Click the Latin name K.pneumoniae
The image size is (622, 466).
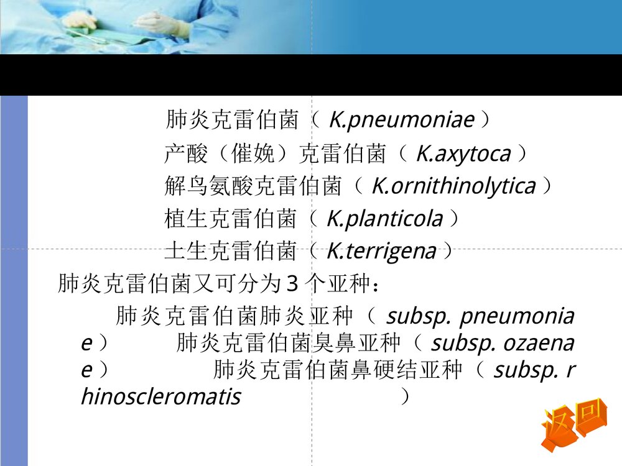click(x=401, y=119)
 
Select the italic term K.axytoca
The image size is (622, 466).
click(x=463, y=153)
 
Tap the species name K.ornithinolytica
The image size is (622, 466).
click(x=453, y=186)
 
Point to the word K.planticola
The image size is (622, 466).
click(x=385, y=219)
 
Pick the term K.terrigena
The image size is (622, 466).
click(x=381, y=252)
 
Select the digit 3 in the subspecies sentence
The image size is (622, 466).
click(x=292, y=285)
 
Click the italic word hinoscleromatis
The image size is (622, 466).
click(x=160, y=396)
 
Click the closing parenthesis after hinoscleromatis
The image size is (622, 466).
click(x=406, y=396)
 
